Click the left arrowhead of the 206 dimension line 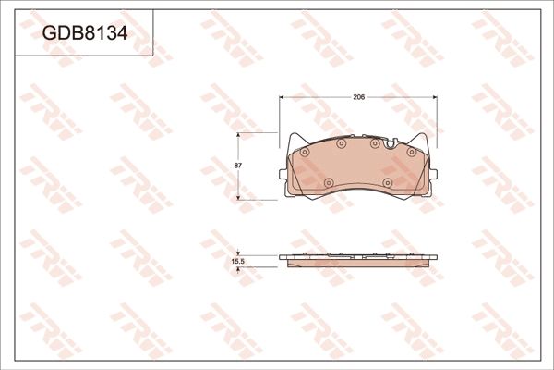click(x=282, y=102)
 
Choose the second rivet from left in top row click(x=339, y=143)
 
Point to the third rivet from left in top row click(x=374, y=143)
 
